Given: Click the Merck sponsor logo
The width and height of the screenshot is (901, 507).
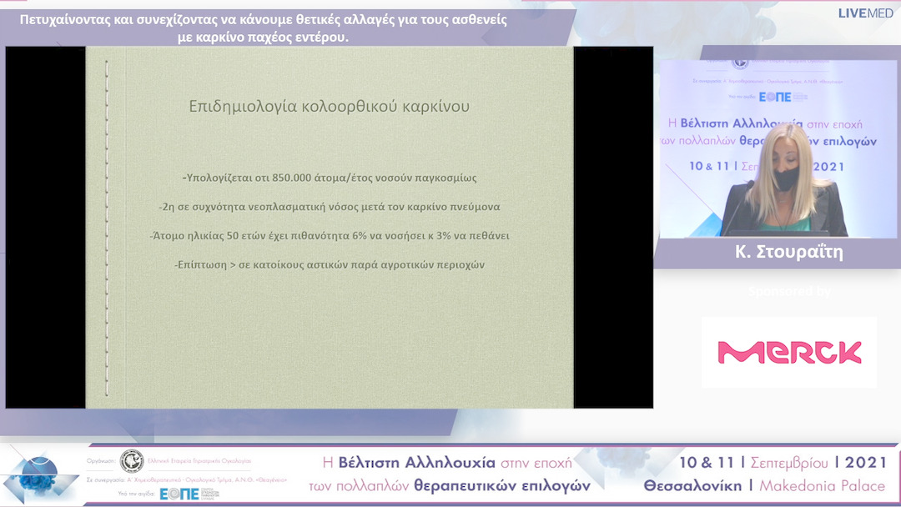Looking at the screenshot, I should tap(789, 353).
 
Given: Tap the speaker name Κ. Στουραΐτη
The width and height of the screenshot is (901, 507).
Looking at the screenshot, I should tap(788, 252).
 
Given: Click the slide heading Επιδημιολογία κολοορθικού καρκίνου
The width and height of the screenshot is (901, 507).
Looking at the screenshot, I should tap(329, 106).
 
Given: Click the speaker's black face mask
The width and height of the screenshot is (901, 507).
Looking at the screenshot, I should tap(784, 178).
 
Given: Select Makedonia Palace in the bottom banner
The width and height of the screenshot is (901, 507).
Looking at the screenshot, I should tap(822, 485).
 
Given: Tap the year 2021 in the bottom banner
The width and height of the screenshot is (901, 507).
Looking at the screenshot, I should tap(866, 462).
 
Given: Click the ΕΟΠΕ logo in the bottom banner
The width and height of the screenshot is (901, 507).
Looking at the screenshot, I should tap(179, 494).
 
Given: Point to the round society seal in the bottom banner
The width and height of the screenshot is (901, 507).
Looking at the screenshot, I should tap(131, 461).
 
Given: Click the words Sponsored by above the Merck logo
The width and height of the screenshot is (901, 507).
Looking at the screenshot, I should tap(789, 292).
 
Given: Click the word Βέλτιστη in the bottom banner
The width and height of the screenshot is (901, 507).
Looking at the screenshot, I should tap(367, 462).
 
